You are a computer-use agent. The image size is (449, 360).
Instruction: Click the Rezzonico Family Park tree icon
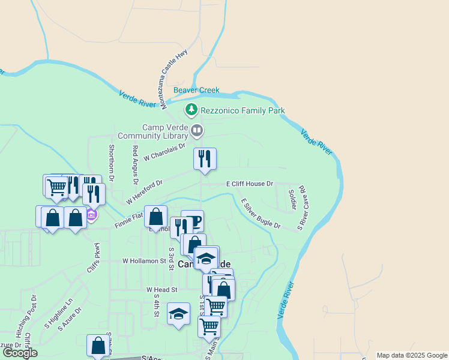coord(191,110)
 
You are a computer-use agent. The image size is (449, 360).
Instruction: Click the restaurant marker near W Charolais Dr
coord(205,159)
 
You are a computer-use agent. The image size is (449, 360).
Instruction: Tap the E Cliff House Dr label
coord(249,184)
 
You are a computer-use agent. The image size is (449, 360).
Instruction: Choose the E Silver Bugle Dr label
coord(261,214)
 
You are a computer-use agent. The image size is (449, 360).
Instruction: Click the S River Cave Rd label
coord(303,208)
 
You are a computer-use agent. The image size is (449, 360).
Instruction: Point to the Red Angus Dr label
coord(135,164)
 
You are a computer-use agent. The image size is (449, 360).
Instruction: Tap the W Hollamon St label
coord(144,261)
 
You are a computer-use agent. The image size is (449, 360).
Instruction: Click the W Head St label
coord(162,289)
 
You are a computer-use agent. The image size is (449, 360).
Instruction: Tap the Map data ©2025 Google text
coord(412,355)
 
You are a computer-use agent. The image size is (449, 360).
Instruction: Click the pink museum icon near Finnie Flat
coord(91,215)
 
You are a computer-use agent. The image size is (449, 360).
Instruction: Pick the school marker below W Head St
coord(178,314)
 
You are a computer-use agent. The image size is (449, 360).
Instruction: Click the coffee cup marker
coord(193,221)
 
